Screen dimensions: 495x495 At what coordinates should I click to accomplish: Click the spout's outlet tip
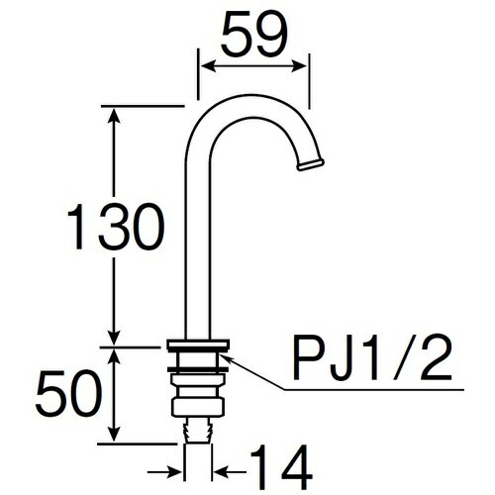[314, 161]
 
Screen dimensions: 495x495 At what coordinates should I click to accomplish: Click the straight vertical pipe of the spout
[196, 247]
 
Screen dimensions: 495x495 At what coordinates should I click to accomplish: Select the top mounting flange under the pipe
[198, 346]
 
